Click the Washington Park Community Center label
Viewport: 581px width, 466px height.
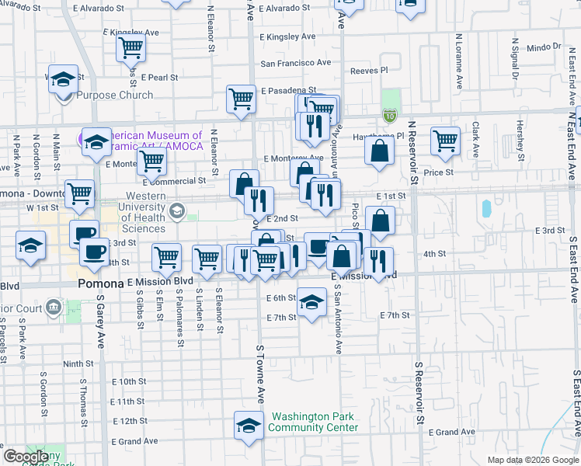point(313,422)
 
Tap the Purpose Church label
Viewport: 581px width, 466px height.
point(114,96)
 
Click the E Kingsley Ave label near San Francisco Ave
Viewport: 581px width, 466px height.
point(287,37)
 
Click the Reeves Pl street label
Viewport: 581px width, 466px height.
point(369,70)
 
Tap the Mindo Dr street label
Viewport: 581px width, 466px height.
point(543,47)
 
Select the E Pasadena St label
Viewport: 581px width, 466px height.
point(289,91)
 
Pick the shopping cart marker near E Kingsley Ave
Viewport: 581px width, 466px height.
point(131,48)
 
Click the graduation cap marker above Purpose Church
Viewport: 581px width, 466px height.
point(63,79)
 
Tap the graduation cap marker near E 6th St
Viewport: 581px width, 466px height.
point(311,302)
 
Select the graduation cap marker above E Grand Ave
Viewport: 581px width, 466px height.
point(249,426)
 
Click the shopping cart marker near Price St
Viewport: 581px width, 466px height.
point(445,141)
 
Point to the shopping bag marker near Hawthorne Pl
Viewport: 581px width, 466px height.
point(380,151)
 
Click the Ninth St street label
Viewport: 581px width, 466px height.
point(78,363)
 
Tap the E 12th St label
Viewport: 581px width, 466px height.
point(129,421)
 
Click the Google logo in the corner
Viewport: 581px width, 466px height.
point(26,457)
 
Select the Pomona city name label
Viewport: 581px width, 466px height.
point(101,284)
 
